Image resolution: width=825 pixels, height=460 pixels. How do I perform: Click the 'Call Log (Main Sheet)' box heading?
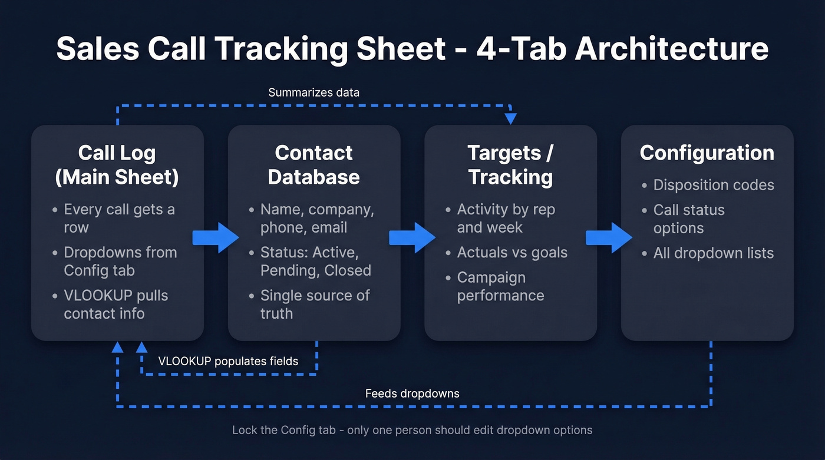coord(117,165)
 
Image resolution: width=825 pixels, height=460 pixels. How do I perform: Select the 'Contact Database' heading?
coord(313,165)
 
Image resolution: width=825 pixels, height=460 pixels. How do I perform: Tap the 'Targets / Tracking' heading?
coord(510,165)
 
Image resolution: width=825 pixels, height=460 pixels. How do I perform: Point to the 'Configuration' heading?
coord(707,153)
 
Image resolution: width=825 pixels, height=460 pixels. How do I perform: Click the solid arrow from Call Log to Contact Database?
coord(216,238)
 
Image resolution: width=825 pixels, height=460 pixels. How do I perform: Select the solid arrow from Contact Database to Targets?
coord(412,238)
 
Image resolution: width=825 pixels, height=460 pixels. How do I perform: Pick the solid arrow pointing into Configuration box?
coord(609,238)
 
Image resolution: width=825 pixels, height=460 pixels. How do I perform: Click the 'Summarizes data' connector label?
coord(313,92)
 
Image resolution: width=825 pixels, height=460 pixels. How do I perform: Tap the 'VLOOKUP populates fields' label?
coord(228,361)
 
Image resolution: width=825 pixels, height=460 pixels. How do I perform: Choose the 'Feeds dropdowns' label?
coord(412,393)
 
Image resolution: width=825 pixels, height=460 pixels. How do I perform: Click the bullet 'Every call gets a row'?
coord(119,218)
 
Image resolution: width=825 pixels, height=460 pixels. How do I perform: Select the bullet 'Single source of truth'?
coord(315,304)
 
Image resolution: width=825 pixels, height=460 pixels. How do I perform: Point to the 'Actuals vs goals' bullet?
coord(511,253)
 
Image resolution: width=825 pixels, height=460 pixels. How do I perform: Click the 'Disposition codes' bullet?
coord(713,185)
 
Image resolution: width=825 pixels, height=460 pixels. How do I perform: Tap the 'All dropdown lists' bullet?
coord(713,253)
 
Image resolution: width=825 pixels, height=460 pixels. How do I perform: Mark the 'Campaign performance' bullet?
coord(500,286)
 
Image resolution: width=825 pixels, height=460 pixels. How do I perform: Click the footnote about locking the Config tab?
coord(412,430)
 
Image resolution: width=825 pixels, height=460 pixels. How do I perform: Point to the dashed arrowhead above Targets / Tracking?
coord(510,118)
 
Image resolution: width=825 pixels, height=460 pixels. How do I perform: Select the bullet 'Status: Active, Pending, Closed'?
coord(315,262)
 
